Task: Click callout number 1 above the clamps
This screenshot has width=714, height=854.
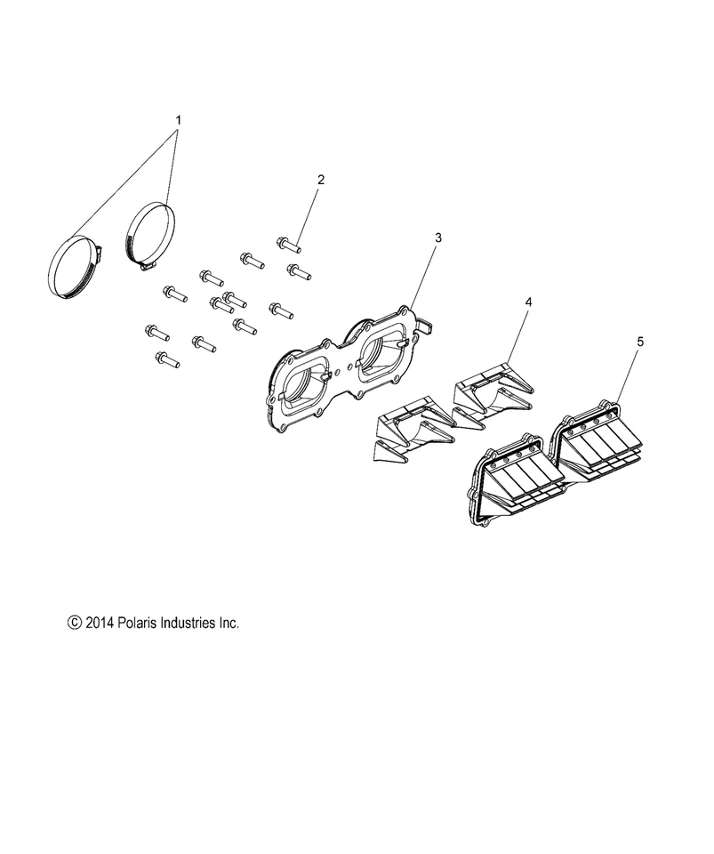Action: tap(178, 119)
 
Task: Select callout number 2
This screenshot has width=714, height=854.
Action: tap(320, 180)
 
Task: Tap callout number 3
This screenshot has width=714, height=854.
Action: tap(437, 238)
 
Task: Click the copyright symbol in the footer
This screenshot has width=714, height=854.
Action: tap(75, 624)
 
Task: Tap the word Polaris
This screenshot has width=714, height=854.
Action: tap(142, 624)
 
